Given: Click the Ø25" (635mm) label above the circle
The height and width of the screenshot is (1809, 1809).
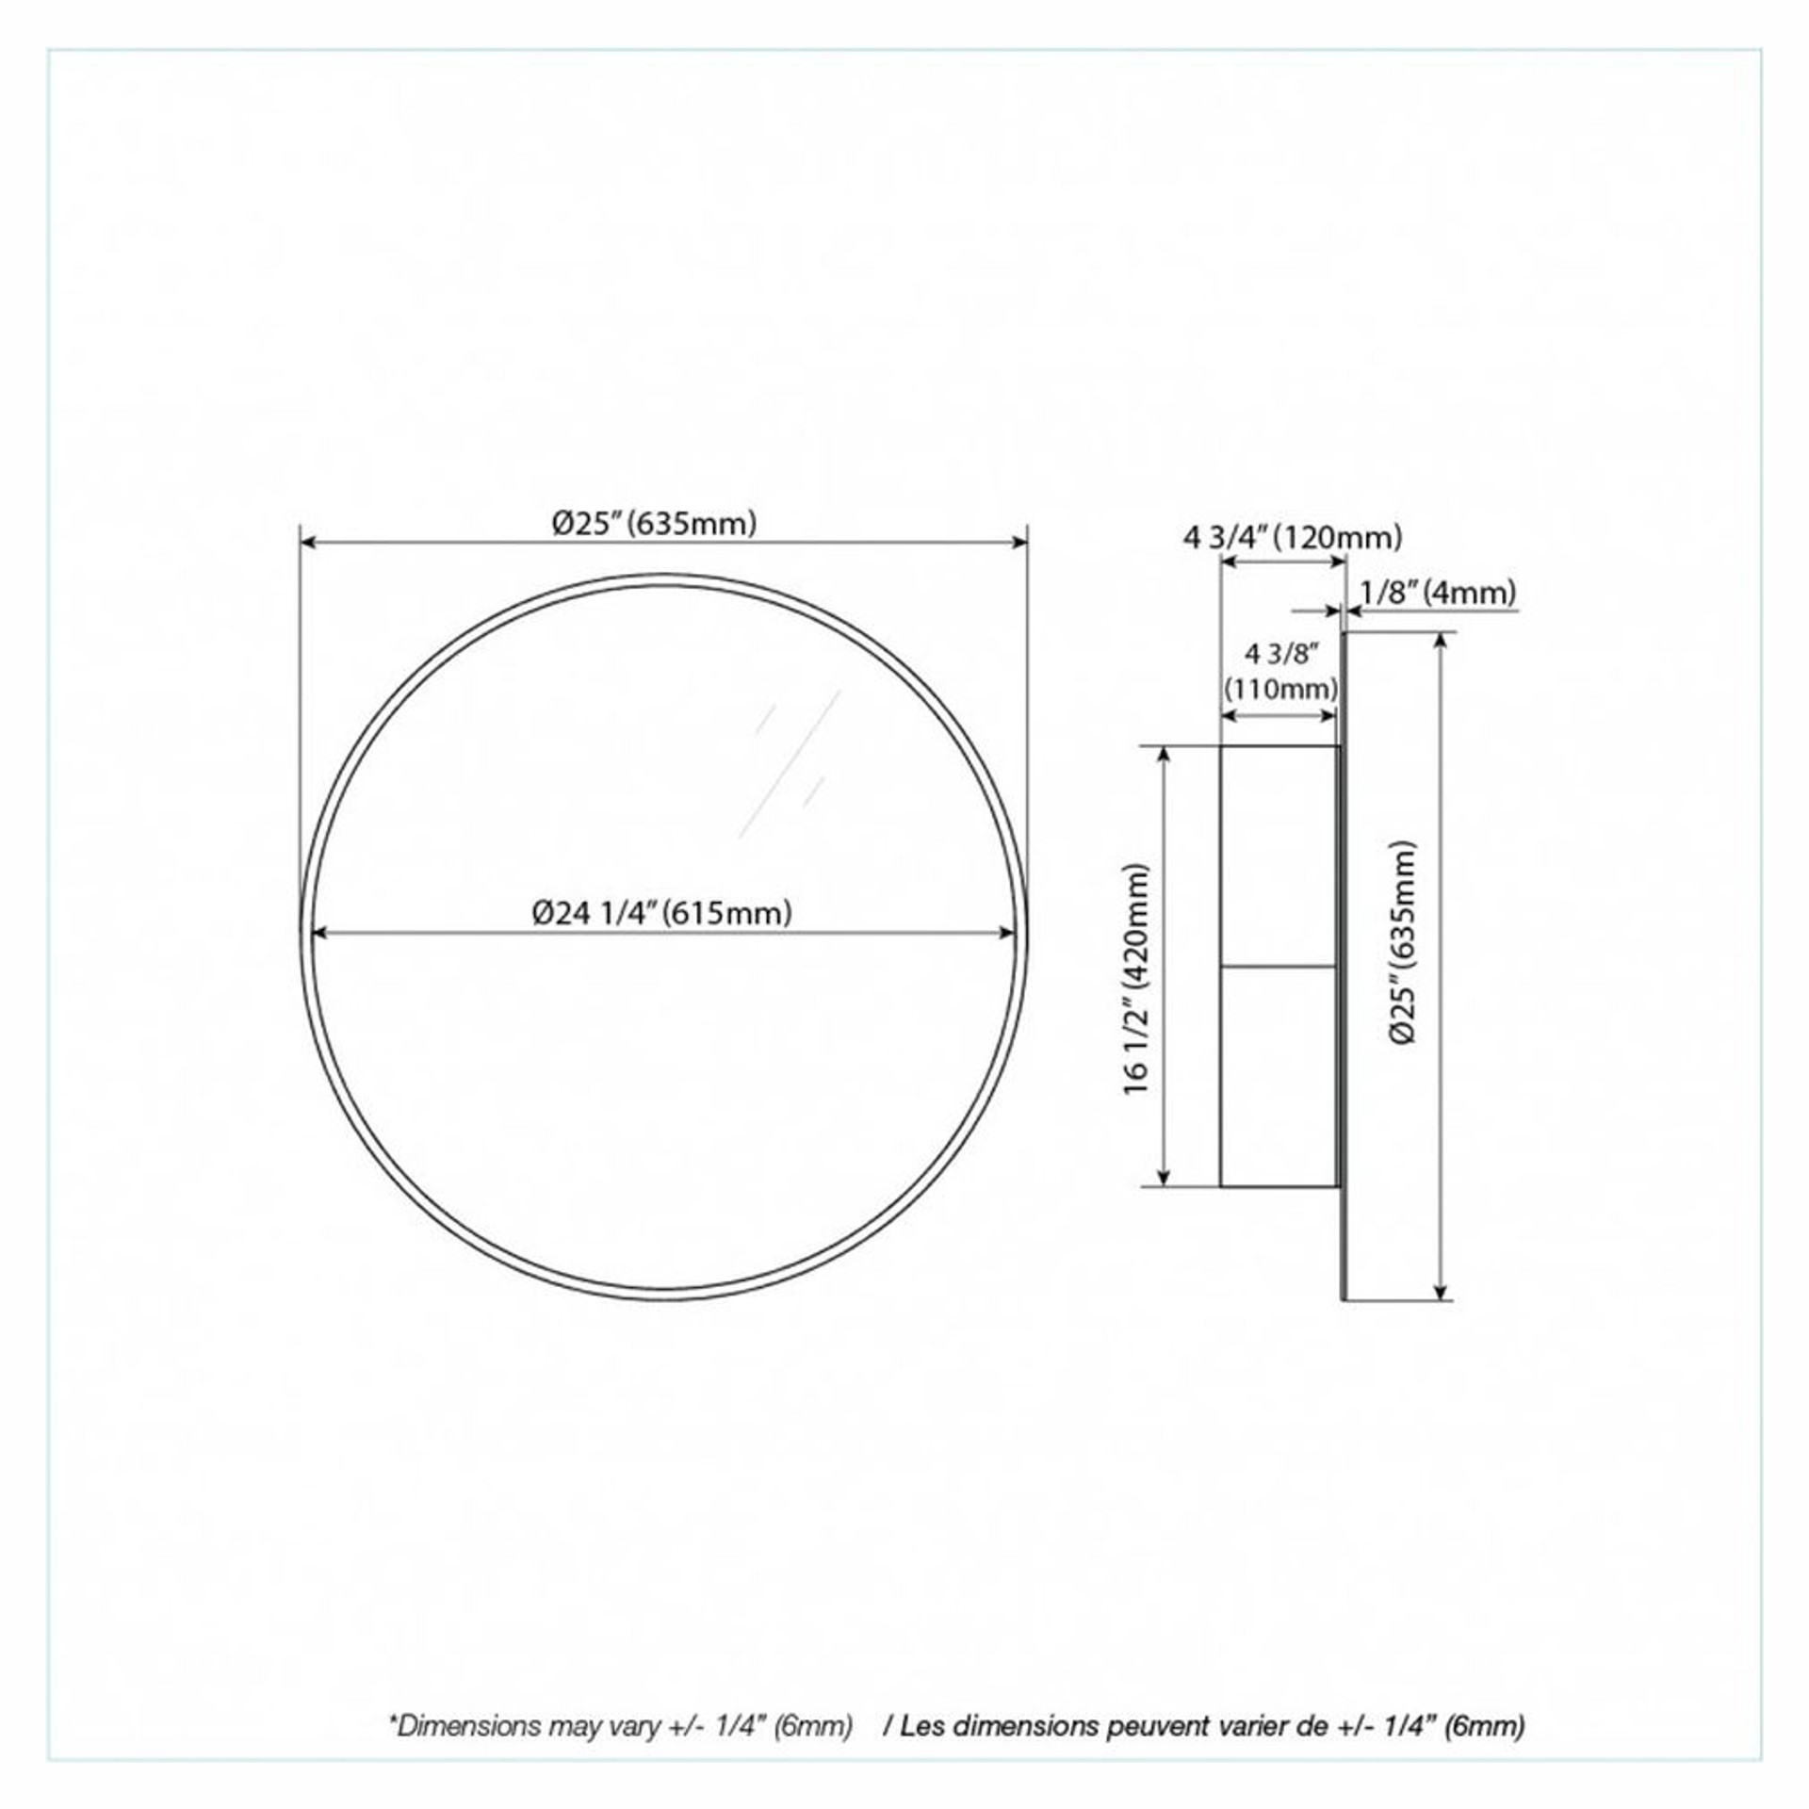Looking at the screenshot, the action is pos(655,523).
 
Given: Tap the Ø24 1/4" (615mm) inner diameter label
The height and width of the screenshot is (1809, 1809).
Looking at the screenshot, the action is pos(661,912).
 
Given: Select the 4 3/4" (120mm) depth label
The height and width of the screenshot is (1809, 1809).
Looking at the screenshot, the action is pos(1293,537).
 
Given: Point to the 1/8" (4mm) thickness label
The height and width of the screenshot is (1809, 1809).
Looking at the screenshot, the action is pos(1438,593).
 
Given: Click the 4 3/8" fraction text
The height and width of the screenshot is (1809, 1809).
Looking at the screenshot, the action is pos(1281,653).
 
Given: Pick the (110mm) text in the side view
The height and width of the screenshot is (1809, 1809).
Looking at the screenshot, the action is pos(1280,689).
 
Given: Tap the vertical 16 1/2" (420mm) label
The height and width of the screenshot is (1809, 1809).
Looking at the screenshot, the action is pos(1137,980).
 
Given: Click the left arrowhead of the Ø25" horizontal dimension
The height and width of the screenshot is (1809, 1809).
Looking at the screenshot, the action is pos(307,542).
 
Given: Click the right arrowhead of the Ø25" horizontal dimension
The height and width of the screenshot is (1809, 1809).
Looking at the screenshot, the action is pos(1019,542).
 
